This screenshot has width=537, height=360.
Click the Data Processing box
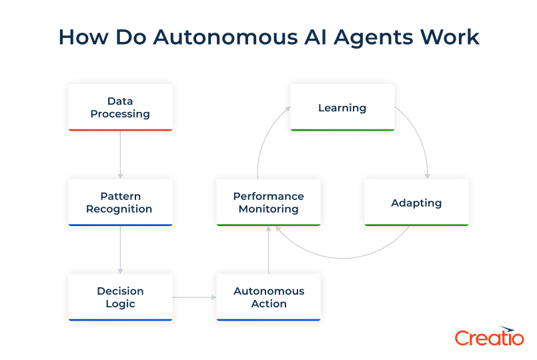click(x=120, y=107)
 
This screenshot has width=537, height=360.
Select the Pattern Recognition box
click(x=120, y=203)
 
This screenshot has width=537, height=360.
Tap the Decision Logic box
click(x=120, y=297)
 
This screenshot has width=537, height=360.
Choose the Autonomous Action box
click(x=269, y=297)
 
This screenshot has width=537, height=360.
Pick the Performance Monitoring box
click(x=268, y=203)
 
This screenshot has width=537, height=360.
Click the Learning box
click(x=342, y=107)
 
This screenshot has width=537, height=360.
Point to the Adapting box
click(x=416, y=203)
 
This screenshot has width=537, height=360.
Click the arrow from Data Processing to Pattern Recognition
click(x=120, y=154)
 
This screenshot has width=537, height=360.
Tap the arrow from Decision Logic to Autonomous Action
click(x=194, y=297)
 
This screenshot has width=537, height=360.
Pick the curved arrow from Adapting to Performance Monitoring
click(x=347, y=255)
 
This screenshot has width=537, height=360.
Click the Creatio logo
click(x=489, y=337)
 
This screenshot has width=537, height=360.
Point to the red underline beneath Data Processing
click(x=120, y=129)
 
